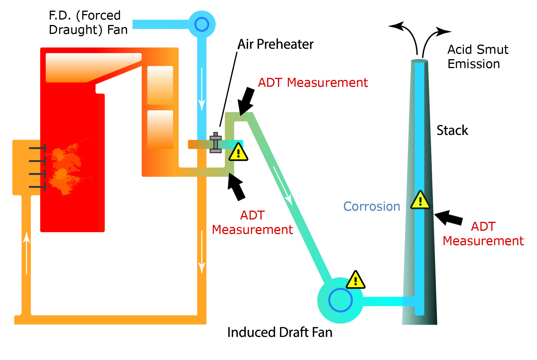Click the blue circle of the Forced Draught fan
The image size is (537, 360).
pos(202,24)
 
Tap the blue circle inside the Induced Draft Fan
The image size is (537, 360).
pos(340,300)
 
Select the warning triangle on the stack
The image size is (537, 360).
pos(420,200)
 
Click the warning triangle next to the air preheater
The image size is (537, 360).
pos(238,153)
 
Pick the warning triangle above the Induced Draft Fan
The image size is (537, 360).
pos(355,280)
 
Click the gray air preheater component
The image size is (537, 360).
pos(216,143)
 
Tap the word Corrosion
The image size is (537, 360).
pos(372,207)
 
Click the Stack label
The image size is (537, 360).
pos(452,130)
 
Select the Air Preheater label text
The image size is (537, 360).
pos(275,44)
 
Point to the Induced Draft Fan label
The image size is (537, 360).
pos(280,332)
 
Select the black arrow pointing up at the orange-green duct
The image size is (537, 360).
pos(236,187)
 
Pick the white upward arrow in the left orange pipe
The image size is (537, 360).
pos(26,253)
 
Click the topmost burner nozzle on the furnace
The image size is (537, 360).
pos(37,148)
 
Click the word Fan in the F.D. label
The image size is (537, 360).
pos(117,30)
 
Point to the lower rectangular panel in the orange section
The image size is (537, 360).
pos(160,130)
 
